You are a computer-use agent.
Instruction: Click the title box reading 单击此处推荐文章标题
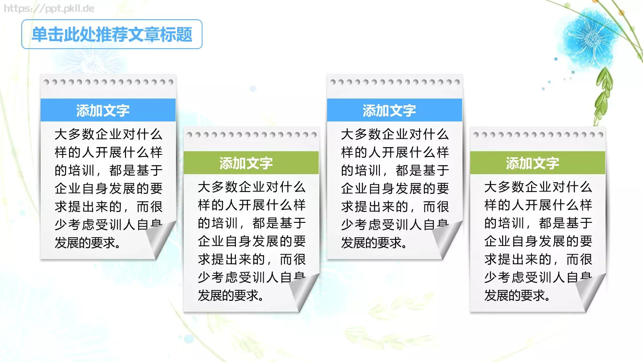[x=112, y=35]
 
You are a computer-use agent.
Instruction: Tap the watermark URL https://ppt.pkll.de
[x=49, y=8]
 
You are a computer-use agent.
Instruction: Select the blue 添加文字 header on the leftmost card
[x=108, y=110]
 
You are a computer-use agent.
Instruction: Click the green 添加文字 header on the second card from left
[x=251, y=163]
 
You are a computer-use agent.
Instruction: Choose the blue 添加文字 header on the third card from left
[x=395, y=110]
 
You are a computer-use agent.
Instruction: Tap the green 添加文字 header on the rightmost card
[x=538, y=163]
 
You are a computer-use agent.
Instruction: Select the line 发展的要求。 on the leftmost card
[x=88, y=243]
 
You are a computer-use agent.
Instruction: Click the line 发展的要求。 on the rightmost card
[x=517, y=296]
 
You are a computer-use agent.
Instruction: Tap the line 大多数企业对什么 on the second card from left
[x=252, y=187]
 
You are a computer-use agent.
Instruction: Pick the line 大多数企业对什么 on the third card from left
[x=395, y=134]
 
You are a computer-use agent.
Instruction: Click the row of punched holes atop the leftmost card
[x=108, y=82]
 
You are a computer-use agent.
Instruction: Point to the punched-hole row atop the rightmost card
[x=538, y=135]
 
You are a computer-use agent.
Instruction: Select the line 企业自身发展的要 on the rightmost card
[x=538, y=241]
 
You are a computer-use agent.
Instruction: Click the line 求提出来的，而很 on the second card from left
[x=252, y=259]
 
